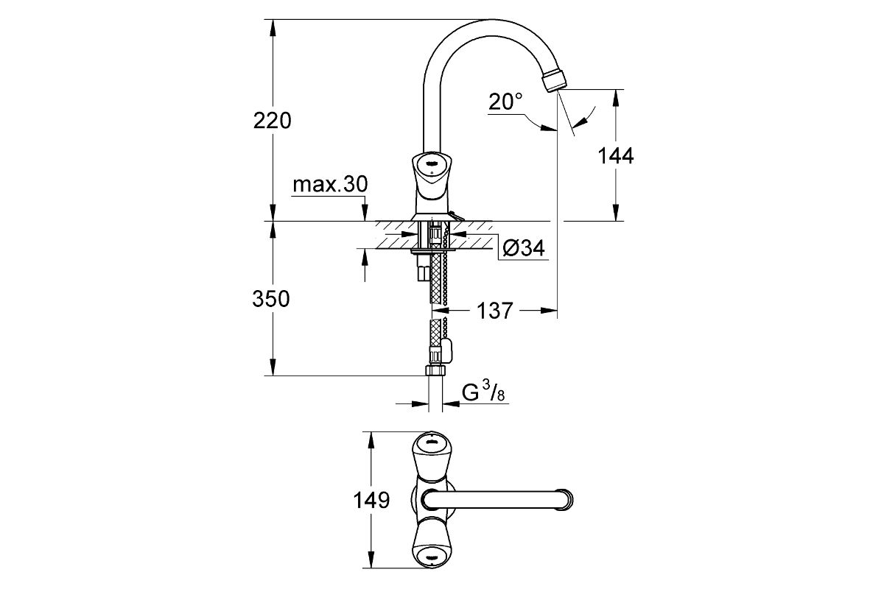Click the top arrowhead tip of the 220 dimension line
coord(273,20)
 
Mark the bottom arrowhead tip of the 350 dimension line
coord(273,375)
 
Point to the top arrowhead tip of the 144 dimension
coord(615,90)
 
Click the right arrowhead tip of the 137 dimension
coord(557,311)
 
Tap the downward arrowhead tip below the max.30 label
coord(365,221)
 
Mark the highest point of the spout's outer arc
coord(491,19)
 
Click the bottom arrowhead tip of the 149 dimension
coord(371,568)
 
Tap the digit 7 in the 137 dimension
coord(506,311)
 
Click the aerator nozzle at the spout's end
coord(555,80)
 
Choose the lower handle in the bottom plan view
coord(432,543)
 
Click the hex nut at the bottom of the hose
coord(435,370)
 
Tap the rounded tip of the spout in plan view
coord(566,500)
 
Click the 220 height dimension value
coord(273,120)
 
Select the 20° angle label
coord(505,102)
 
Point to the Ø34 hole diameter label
coord(524,249)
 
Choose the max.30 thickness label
coord(330,184)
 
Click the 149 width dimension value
coord(371,500)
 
